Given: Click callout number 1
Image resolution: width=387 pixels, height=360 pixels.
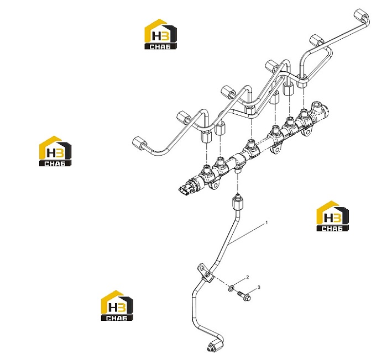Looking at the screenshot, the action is (266, 223).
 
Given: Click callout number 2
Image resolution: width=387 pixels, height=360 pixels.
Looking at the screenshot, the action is (248, 277).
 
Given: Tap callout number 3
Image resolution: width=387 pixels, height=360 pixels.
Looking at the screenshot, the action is (259, 287).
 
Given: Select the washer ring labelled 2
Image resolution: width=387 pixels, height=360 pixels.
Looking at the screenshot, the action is (231, 288).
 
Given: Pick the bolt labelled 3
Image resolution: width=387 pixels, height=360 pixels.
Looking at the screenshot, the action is (244, 295).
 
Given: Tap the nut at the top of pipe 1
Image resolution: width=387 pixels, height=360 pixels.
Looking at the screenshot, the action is (238, 202).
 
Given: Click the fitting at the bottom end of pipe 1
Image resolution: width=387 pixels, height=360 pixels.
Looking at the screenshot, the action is (215, 345).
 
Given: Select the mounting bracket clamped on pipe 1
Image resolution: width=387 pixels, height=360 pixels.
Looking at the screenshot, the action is (206, 273).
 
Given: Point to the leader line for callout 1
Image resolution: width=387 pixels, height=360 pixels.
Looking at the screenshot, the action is (247, 234).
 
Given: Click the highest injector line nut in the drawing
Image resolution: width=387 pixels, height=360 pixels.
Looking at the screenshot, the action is (361, 16).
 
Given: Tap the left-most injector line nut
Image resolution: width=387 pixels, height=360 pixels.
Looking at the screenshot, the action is (139, 143).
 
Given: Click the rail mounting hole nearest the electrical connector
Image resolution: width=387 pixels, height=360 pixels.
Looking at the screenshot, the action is (215, 185).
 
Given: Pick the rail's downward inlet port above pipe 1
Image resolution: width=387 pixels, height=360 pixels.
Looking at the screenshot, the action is (238, 171).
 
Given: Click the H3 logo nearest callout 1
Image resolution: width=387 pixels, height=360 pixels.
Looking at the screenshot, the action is (332, 216).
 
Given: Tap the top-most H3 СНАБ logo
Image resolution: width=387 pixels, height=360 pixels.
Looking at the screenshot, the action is (160, 34).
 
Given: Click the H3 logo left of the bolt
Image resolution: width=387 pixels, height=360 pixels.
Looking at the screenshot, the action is (117, 305).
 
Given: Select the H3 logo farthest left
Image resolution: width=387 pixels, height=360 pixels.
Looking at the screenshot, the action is (55, 151).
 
